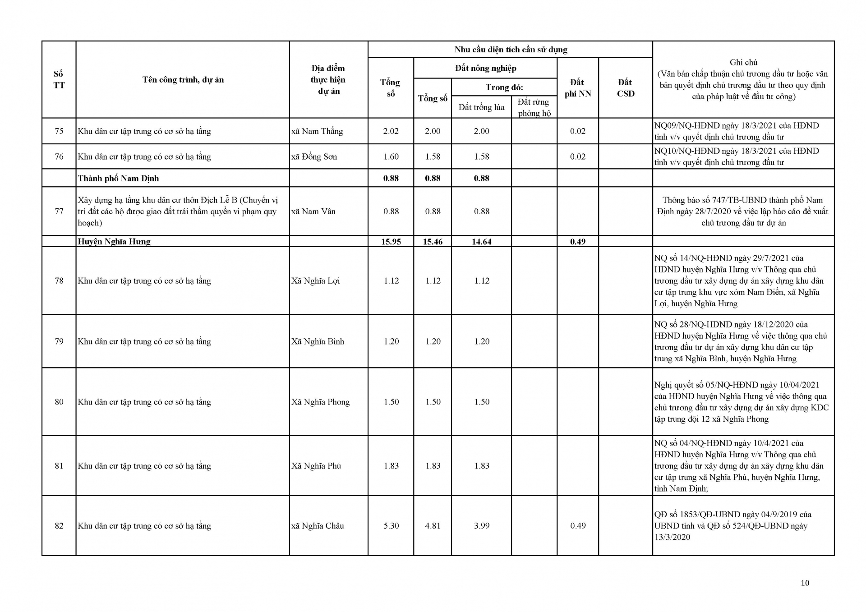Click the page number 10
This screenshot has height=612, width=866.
point(805,583)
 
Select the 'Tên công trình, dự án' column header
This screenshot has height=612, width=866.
point(183,80)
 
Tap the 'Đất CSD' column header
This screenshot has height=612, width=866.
point(625,88)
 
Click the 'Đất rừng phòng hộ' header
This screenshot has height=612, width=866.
point(534,107)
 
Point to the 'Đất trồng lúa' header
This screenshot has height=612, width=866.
point(481,107)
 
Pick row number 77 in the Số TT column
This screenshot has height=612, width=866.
point(59,211)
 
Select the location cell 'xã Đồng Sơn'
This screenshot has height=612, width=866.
point(314,156)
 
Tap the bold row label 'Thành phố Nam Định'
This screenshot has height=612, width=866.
point(118,178)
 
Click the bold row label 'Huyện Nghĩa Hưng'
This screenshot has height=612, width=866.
point(114,241)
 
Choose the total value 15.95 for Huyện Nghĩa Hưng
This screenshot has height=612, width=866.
point(391,241)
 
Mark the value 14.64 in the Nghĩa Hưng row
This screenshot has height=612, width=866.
point(481,241)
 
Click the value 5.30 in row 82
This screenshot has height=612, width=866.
point(391,525)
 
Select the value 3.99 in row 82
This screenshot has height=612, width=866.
point(481,525)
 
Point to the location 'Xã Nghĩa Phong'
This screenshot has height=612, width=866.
point(320,402)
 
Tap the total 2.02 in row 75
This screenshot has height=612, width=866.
point(391,131)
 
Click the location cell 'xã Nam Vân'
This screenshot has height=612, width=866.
point(313,211)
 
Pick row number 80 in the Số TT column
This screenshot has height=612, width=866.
point(59,402)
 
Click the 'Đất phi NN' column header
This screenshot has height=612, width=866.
point(577,88)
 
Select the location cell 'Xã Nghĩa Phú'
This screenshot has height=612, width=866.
point(316,465)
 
